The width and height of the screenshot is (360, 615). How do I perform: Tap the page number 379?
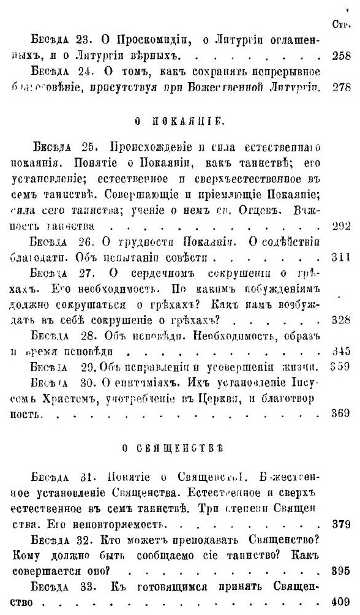(340, 525)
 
